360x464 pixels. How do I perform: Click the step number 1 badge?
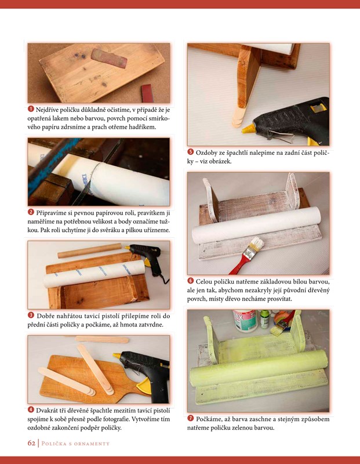[x=31, y=109]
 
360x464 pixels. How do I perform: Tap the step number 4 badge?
[x=31, y=409]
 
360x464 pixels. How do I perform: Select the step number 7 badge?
[x=191, y=418]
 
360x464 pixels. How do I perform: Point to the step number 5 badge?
[x=191, y=152]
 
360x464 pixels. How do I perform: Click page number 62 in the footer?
[x=31, y=443]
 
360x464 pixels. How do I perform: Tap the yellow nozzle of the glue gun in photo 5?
[x=249, y=128]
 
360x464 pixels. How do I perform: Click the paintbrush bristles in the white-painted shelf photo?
[x=257, y=244]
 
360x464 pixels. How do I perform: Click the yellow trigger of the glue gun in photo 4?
[x=144, y=388]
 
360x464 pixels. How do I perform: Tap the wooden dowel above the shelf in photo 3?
[x=90, y=251]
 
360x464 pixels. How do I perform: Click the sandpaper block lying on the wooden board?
[x=109, y=58]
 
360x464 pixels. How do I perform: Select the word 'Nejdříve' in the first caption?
[x=47, y=110]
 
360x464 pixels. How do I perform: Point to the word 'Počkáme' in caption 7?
[x=208, y=419]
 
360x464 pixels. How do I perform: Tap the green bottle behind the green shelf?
[x=265, y=319]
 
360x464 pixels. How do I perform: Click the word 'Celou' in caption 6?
[x=203, y=281]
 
